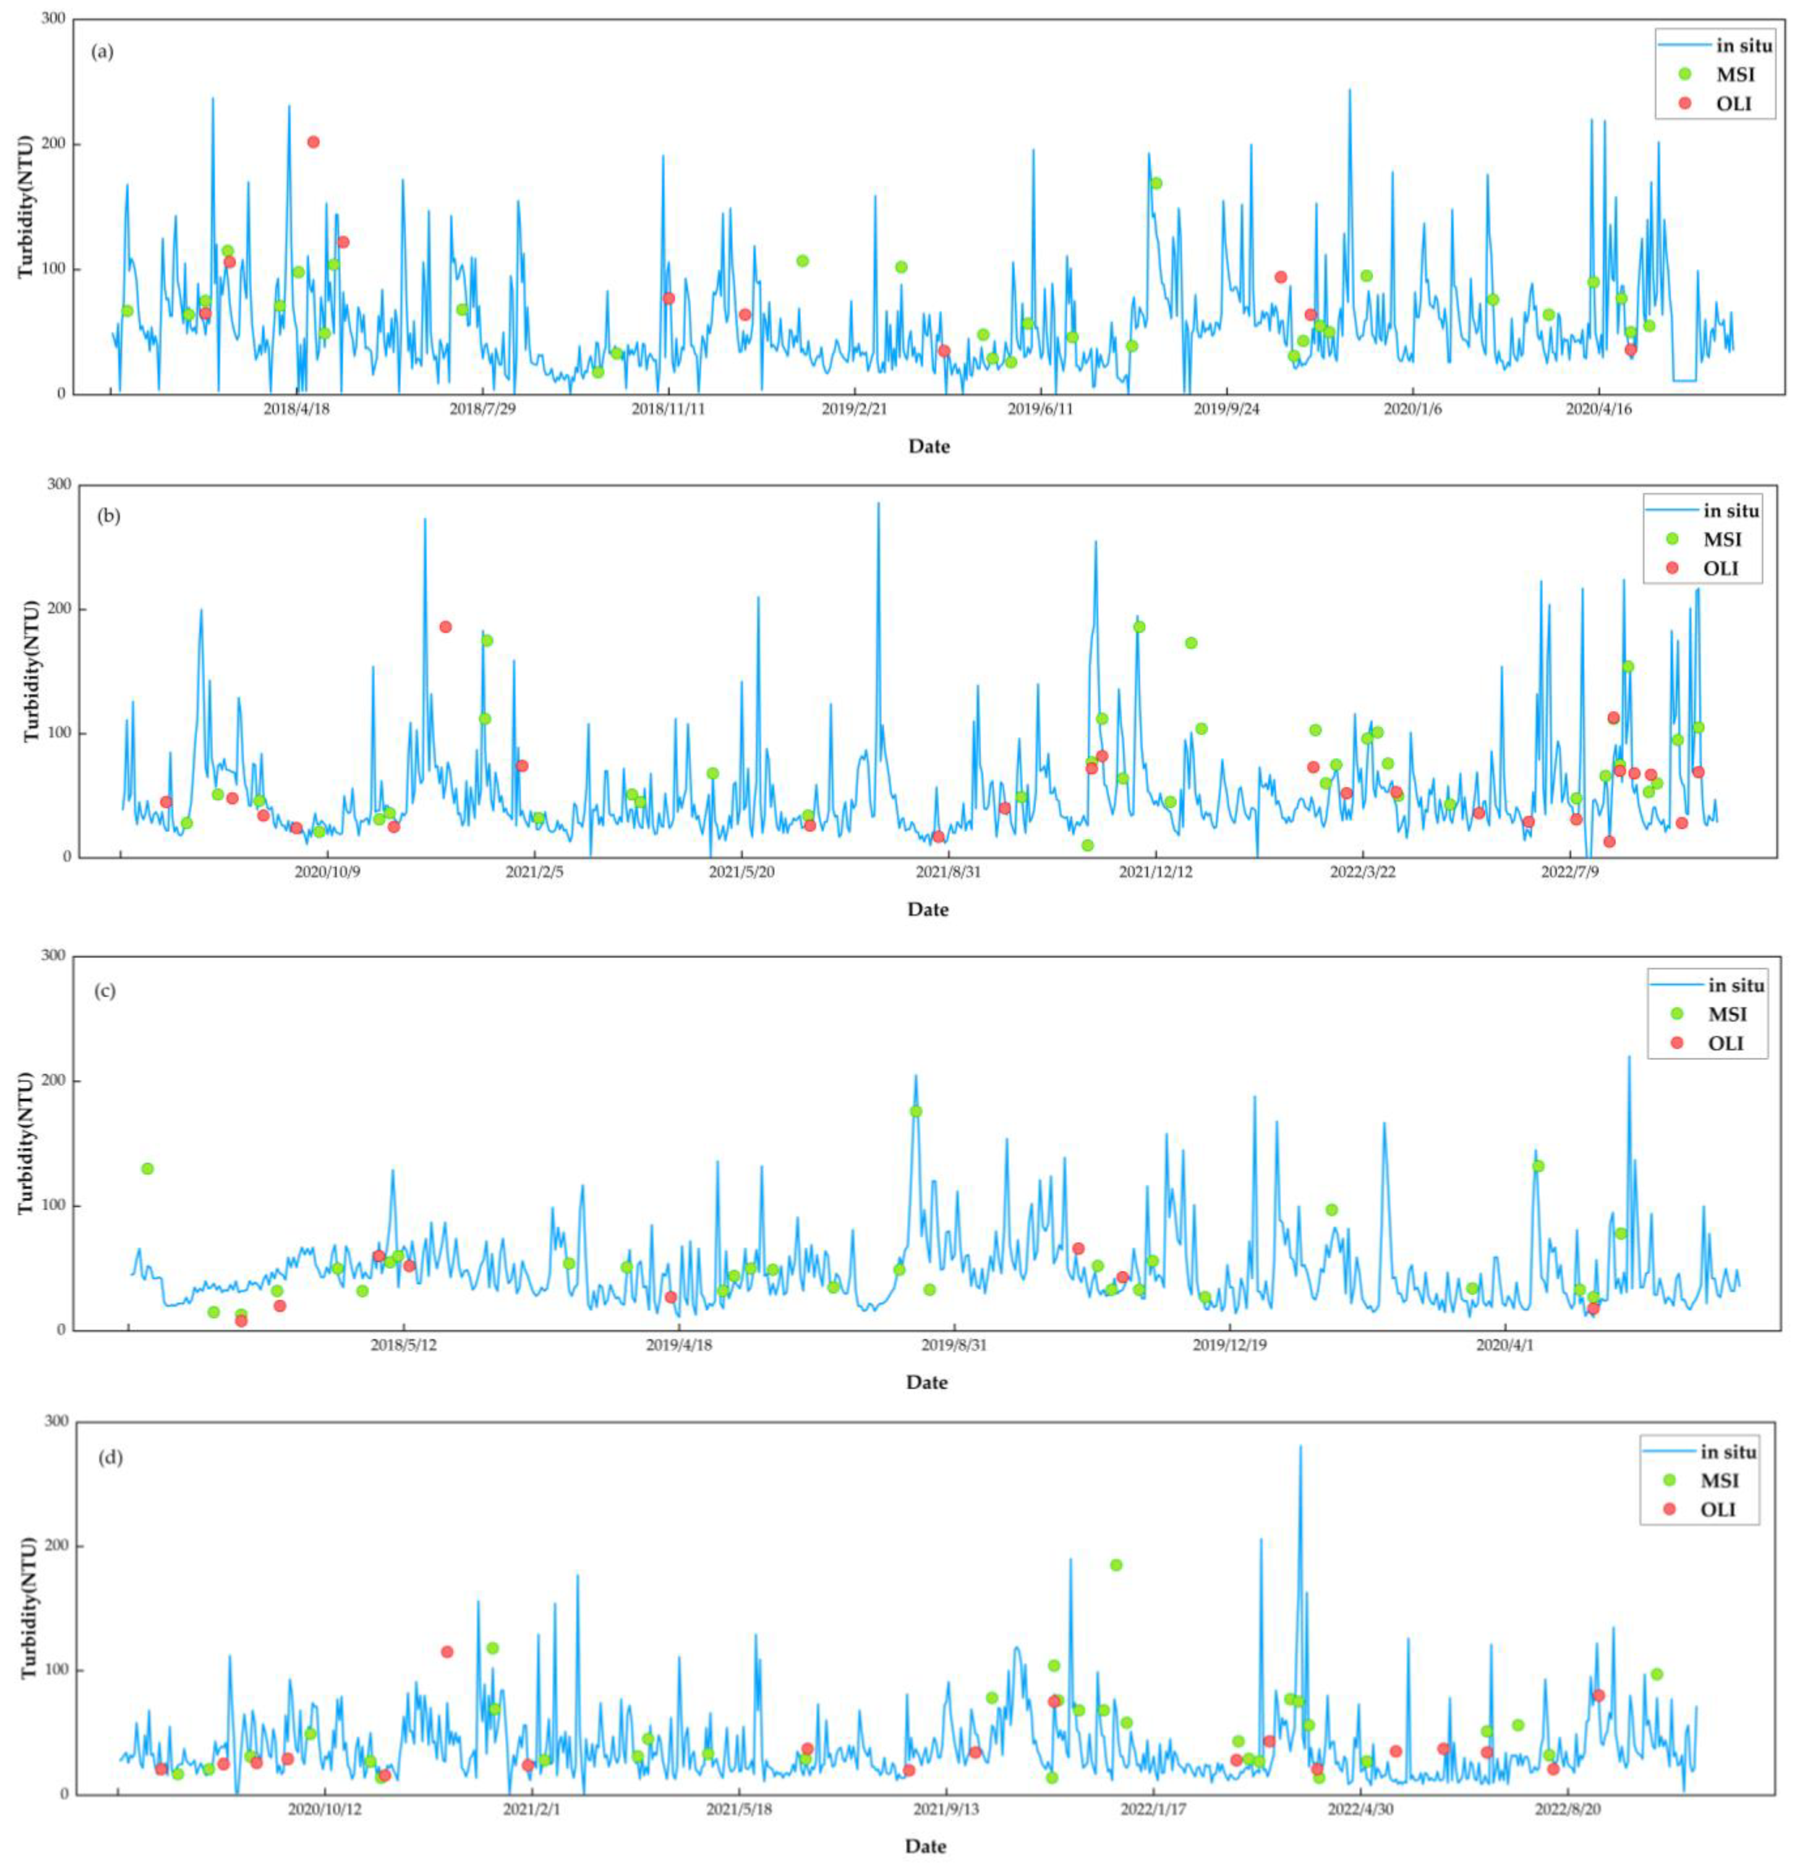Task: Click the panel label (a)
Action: tap(103, 51)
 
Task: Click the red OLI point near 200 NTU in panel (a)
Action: tap(313, 142)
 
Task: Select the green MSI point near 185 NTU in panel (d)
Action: tap(1115, 1565)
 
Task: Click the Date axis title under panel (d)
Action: tap(925, 1846)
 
